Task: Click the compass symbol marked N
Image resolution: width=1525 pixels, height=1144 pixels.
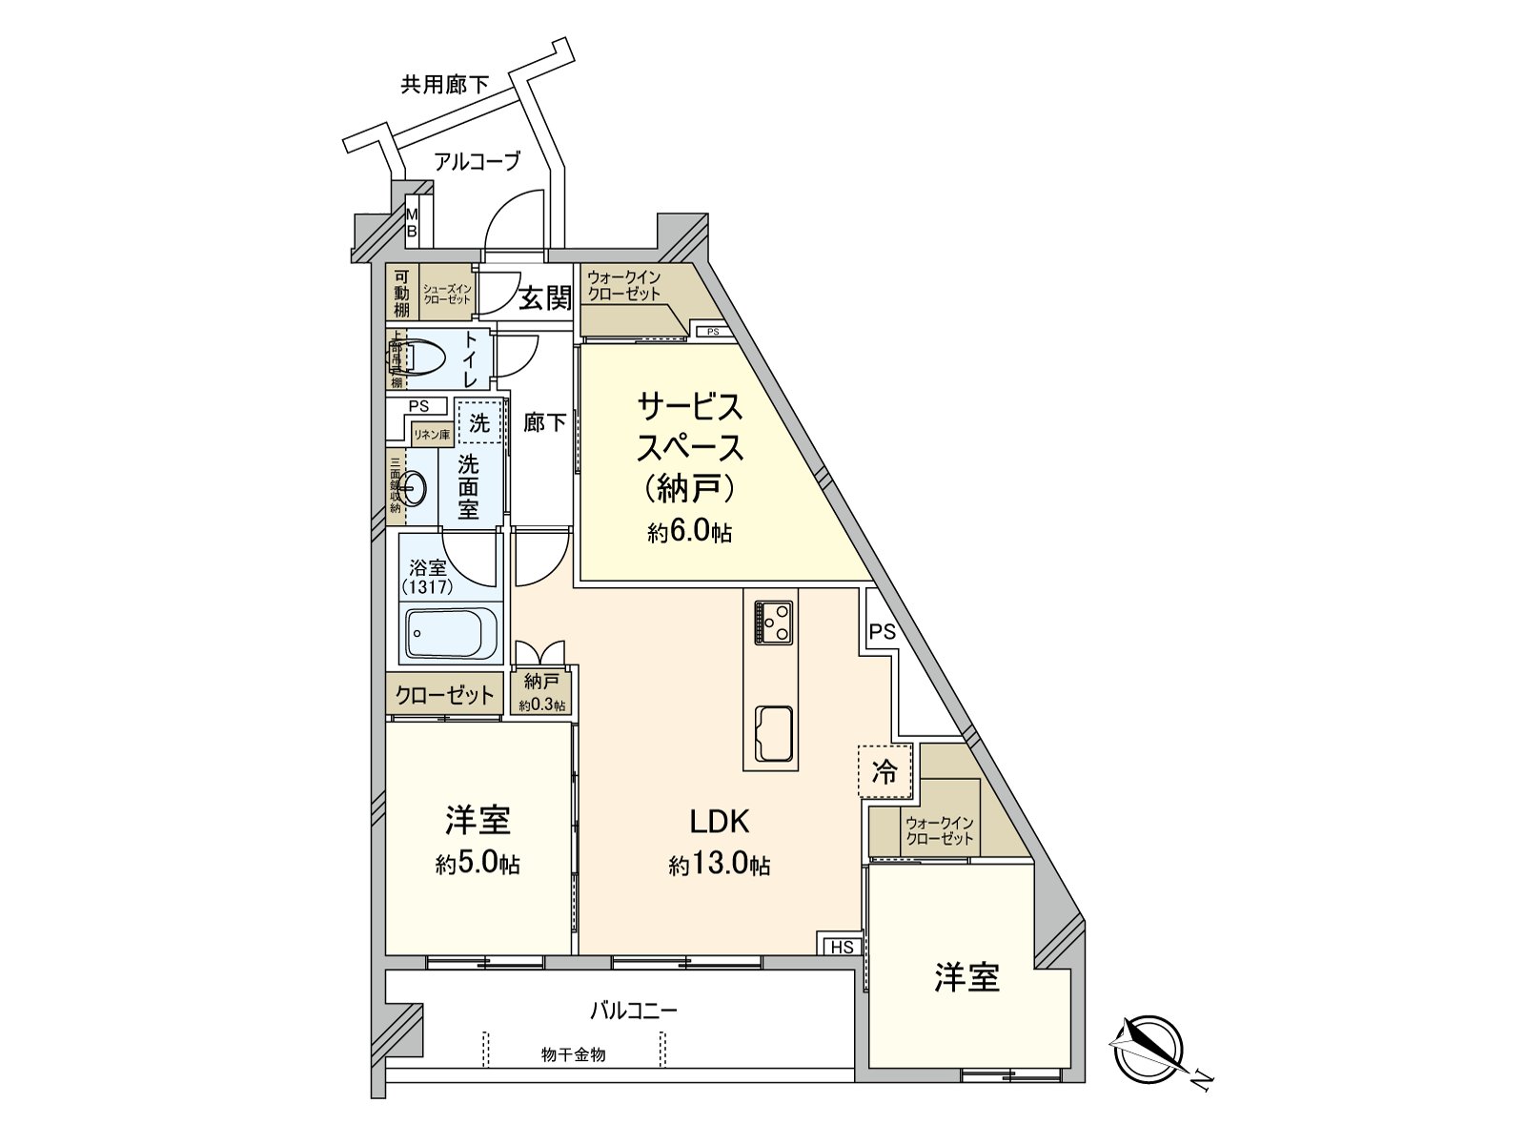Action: pos(1148,1047)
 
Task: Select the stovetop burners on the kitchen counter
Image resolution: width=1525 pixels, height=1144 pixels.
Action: pos(773,623)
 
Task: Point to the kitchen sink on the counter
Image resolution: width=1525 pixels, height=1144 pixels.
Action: pos(773,733)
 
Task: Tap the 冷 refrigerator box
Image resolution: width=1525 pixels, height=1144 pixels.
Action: pos(885,770)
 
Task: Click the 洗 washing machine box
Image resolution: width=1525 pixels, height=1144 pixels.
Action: pos(479,421)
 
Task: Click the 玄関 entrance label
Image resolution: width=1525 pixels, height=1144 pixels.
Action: pos(545,299)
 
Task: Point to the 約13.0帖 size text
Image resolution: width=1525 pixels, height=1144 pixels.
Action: pos(720,865)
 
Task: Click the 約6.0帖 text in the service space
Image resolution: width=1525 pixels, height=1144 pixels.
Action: pos(689,532)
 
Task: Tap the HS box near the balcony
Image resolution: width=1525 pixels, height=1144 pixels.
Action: pos(842,946)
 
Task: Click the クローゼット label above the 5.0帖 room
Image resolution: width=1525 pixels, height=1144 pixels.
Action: pos(444,695)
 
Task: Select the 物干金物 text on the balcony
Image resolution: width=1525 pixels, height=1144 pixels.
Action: pos(573,1054)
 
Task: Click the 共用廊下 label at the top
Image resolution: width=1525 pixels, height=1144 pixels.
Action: pos(444,85)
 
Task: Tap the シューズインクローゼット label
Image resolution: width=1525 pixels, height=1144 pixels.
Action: pos(447,294)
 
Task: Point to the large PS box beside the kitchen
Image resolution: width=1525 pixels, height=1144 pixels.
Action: pos(882,630)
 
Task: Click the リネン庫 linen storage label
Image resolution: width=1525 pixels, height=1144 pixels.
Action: pos(431,434)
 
